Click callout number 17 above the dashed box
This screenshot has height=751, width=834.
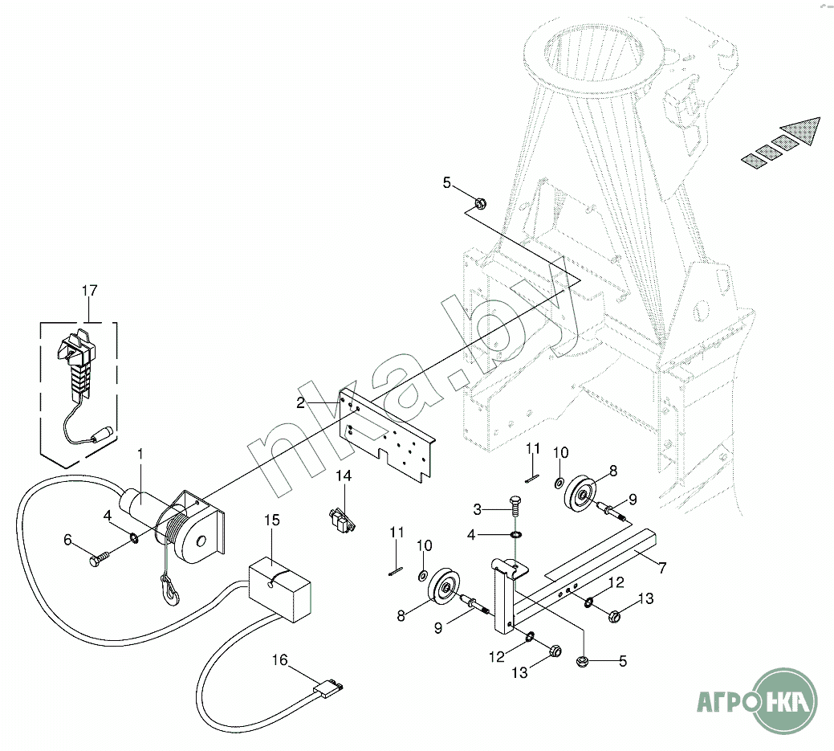[x=89, y=289]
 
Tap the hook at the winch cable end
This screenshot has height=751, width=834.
[x=172, y=592]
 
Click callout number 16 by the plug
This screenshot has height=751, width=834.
[x=279, y=660]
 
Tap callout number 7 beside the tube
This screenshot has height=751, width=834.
[x=661, y=567]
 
